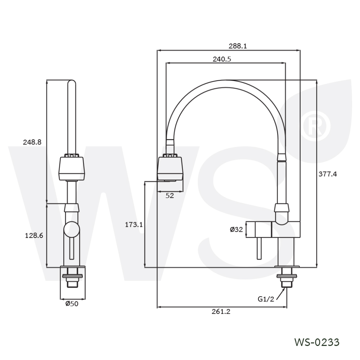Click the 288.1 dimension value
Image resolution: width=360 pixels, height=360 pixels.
click(238, 46)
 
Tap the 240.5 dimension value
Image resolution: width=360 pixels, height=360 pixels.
click(222, 59)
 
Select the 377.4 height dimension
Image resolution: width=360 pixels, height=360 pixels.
click(328, 174)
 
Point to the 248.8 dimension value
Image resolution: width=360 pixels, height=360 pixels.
click(32, 142)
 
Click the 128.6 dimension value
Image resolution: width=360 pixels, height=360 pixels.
click(34, 235)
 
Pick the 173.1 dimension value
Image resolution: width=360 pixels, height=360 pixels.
click(134, 225)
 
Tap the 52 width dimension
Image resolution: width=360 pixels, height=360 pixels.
click(170, 195)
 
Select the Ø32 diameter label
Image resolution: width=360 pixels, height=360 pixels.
click(236, 229)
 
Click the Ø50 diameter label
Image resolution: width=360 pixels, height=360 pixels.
click(72, 304)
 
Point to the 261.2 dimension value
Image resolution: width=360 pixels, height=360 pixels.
click(221, 311)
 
